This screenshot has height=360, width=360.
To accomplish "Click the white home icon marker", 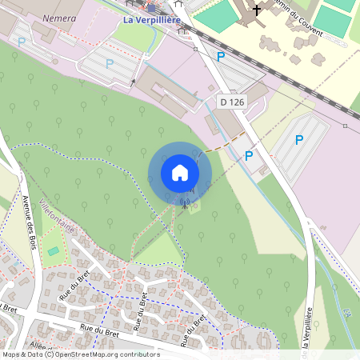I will point(180,173).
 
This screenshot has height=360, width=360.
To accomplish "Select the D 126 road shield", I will point(231,102).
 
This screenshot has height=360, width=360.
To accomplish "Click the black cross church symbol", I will point(256,10).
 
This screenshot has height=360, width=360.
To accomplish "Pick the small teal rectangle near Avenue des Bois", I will point(53,251).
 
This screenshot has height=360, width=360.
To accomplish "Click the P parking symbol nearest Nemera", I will point(22,41).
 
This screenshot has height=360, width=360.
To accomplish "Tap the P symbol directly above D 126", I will point(220,56).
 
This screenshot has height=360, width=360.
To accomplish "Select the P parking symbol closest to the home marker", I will point(249,155).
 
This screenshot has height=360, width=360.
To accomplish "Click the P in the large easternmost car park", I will point(299,139).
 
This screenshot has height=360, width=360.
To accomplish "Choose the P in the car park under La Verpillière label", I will point(109,62).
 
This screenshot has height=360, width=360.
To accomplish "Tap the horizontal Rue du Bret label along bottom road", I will point(98,327).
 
